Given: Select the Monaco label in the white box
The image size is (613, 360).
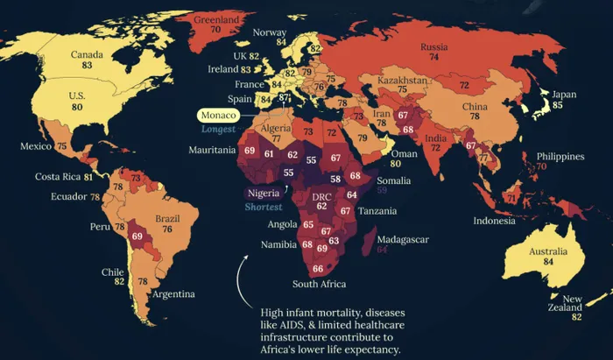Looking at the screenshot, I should (220, 115).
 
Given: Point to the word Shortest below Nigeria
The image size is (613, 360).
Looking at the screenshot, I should (264, 207).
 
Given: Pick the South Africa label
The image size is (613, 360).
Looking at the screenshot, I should (319, 284).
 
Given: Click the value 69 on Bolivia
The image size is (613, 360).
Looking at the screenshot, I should (137, 236).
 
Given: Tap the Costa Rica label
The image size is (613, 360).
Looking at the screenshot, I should (58, 176).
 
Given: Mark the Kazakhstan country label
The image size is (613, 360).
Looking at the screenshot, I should (403, 79).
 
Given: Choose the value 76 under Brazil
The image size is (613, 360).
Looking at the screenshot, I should (166, 229).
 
